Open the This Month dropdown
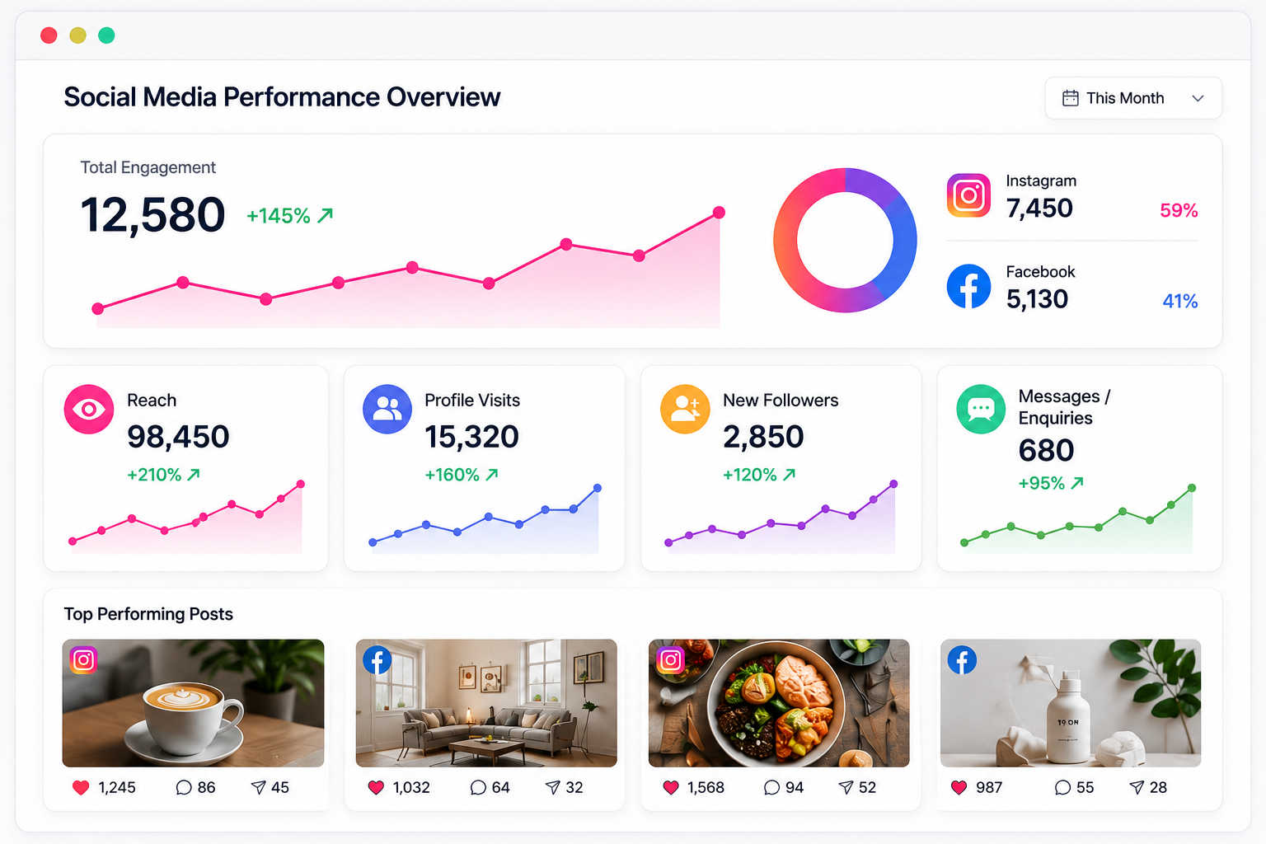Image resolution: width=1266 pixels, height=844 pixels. point(1133,98)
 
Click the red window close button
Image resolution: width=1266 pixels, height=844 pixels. point(49,35)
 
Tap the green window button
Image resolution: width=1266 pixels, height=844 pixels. point(106,35)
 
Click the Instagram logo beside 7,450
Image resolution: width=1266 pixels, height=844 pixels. point(968,195)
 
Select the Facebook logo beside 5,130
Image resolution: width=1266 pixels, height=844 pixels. point(968,286)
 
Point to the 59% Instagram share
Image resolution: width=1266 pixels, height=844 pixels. point(1179,210)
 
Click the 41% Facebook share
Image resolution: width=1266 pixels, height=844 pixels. point(1179,301)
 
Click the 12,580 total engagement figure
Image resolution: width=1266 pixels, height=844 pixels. point(152,215)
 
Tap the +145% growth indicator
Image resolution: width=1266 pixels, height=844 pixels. point(289,215)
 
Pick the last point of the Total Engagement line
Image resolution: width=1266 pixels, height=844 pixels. point(719,213)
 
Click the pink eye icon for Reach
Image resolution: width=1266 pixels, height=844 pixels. point(89,409)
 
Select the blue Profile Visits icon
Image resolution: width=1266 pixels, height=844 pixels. point(387,409)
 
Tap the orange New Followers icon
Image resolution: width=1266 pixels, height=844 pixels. point(685,409)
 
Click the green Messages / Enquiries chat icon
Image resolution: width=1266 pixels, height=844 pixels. point(981,409)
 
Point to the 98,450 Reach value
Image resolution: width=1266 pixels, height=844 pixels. point(178,436)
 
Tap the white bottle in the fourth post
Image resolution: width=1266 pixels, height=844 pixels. point(1067,717)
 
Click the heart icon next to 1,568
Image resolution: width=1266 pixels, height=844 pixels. point(671,787)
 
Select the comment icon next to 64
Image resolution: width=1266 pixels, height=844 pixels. point(478,787)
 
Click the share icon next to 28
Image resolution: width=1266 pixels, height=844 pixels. point(1137,787)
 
